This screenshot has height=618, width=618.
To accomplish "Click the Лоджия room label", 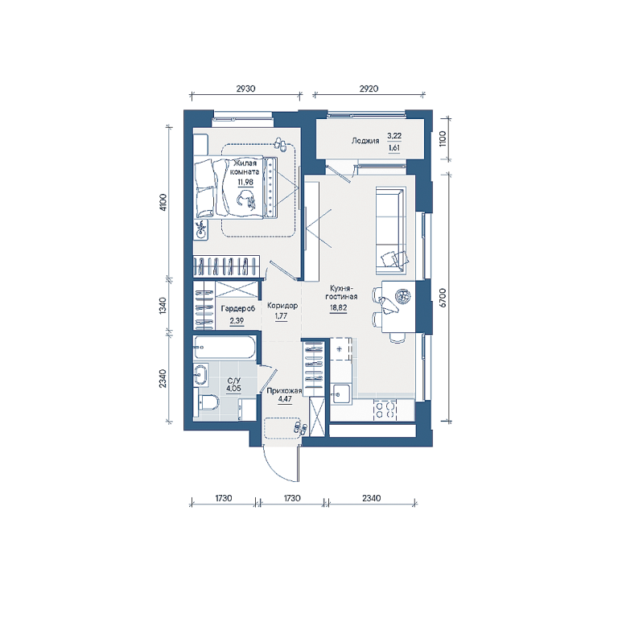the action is click(365, 141).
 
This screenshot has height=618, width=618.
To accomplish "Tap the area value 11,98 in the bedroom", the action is click(245, 182).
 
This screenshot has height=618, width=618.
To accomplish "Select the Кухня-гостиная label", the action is click(341, 292).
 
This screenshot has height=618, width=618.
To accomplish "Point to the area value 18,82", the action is click(338, 308).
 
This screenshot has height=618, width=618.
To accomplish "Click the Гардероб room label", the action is click(237, 309).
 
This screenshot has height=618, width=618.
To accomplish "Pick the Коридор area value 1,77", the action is click(281, 316).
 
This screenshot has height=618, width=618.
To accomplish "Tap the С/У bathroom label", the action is click(233, 381).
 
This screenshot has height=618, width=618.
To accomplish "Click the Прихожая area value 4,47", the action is click(285, 399).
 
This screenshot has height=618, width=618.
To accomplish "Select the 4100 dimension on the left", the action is click(163, 202).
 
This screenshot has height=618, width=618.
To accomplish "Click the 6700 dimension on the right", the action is click(443, 298).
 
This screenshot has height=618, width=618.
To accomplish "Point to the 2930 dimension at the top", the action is click(245, 89).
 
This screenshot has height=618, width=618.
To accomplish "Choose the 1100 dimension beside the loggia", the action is click(443, 138).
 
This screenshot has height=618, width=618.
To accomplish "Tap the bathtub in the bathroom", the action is click(225, 348).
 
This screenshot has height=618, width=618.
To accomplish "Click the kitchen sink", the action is click(341, 393).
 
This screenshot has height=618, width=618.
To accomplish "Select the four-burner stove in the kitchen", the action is click(385, 409).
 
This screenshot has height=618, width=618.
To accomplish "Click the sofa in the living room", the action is click(390, 231).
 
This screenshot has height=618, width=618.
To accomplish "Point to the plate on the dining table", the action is click(403, 296).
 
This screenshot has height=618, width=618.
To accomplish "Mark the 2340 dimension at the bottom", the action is click(371, 498).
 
